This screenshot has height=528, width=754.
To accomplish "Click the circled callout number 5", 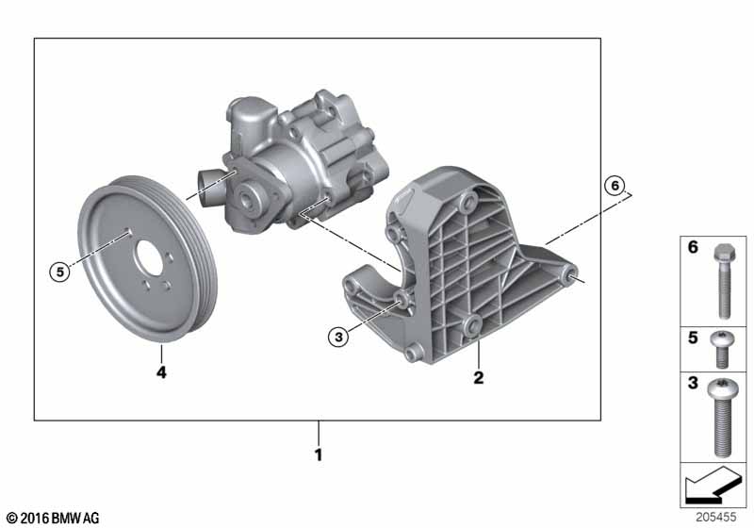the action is [60, 272].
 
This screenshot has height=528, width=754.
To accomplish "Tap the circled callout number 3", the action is [338, 338].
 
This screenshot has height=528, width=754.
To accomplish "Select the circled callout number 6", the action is [615, 185].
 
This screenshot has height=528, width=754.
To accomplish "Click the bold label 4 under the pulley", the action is [161, 371].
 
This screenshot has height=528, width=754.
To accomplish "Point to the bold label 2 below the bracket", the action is [479, 377].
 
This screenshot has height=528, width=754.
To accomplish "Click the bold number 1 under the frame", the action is [318, 454].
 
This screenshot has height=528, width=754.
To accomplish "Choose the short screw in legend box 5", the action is [722, 349].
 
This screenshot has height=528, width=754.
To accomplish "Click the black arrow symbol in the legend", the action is [713, 486].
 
